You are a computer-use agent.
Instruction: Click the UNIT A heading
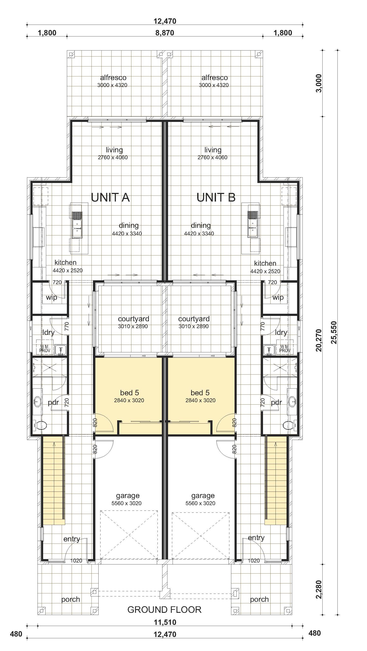110,197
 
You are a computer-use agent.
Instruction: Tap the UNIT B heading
216,197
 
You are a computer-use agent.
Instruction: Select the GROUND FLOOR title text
165,610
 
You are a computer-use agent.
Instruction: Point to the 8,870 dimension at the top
165,33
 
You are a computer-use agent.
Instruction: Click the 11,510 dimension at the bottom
165,622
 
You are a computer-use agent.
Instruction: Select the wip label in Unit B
278,297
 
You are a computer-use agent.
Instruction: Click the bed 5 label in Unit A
129,392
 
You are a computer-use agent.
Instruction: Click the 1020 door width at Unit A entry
76,561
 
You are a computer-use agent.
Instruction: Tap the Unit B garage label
203,496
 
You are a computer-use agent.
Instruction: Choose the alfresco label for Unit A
113,78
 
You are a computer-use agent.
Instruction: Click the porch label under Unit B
259,599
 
